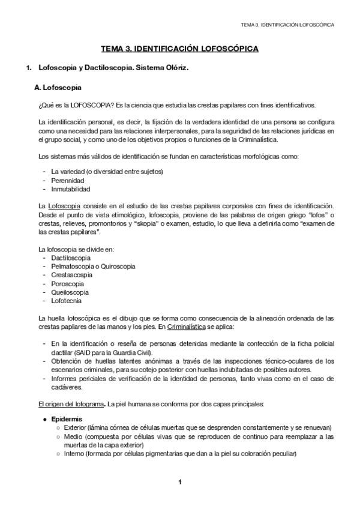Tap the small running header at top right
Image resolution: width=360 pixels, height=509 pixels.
pos(287,25)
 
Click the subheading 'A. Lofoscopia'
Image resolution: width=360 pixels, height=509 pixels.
pos(58,88)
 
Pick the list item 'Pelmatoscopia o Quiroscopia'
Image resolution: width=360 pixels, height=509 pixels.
pos(93,266)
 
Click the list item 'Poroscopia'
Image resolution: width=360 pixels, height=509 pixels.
pos(67,283)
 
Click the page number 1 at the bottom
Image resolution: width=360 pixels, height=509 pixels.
pos(179,482)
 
